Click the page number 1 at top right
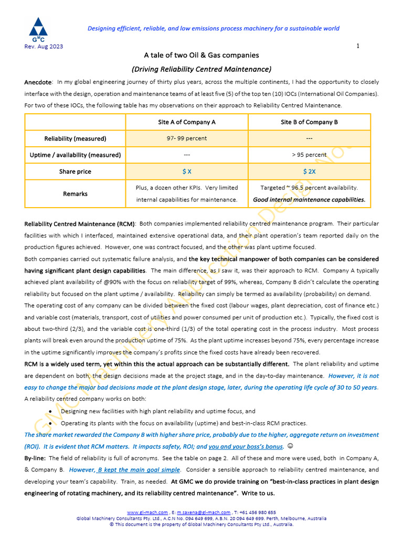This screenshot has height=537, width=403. coord(358,46)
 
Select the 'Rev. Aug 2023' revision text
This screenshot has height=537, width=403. coord(44,47)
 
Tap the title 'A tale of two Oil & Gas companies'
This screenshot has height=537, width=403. coord(201,55)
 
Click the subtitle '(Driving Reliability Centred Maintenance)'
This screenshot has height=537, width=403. coord(201,69)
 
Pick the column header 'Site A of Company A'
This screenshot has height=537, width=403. coord(187,122)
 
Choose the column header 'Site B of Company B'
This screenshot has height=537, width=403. coord(309,122)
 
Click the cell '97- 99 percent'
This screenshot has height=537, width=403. coord(187,138)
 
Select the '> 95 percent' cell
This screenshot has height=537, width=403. coord(309,155)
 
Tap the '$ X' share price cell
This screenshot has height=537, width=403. coord(187,171)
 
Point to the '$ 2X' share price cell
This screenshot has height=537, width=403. coord(309,171)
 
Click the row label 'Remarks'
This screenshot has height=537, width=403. coord(75,194)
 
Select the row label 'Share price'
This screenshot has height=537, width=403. coord(75,171)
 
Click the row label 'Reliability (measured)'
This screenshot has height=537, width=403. coord(75,138)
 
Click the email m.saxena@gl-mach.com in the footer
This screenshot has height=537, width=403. coord(204,512)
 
